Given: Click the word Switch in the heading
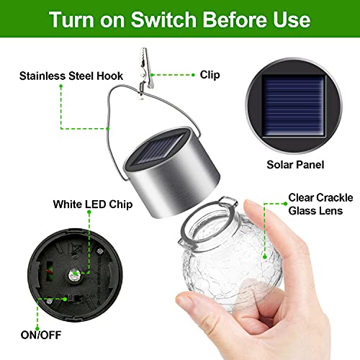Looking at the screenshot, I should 159,18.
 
